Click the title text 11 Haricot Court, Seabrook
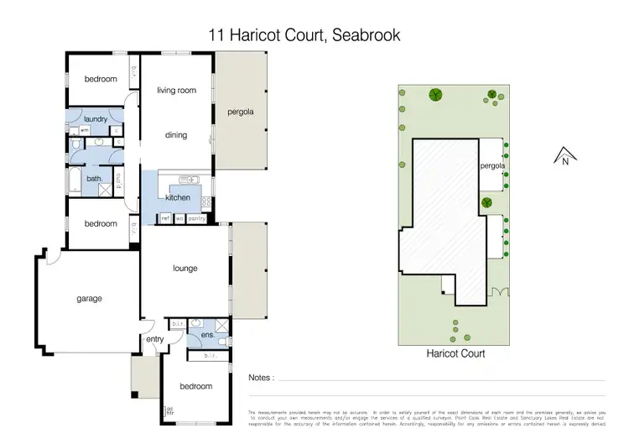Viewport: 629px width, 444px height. tap(304, 35)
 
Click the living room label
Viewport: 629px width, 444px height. tap(177, 90)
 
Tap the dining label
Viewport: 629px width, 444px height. tap(176, 135)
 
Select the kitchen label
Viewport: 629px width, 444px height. tap(178, 198)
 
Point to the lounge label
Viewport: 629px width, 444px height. tap(185, 269)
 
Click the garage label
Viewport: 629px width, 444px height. tap(90, 299)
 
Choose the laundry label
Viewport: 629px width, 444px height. tap(95, 119)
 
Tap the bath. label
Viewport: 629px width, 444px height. tap(94, 178)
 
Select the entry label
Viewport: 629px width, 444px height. tap(155, 339)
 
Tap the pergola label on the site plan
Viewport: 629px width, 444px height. tap(492, 166)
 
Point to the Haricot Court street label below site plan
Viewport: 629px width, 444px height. tap(455, 354)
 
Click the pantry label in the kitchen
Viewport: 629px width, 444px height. tap(197, 218)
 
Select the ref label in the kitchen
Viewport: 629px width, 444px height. tap(165, 218)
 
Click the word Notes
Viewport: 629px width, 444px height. tap(261, 379)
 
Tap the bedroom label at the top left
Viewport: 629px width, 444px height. tap(100, 79)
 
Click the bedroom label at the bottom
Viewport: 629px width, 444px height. tap(195, 386)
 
